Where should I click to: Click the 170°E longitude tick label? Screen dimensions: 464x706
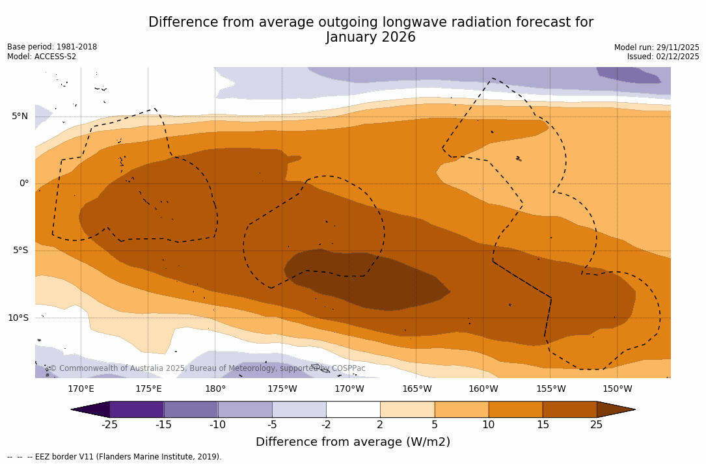(81, 389)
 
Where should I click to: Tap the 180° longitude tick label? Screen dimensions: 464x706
(215, 389)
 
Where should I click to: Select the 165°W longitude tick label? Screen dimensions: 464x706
(416, 389)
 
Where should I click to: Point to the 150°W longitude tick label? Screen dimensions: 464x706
(617, 389)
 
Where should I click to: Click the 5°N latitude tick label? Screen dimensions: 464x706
(20, 116)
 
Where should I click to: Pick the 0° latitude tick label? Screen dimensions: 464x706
(23, 184)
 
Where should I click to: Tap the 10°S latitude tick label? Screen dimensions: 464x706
(18, 318)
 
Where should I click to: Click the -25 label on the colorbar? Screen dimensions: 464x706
(109, 425)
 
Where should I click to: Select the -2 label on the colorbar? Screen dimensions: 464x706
(326, 425)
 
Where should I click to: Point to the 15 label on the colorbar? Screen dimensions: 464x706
(543, 425)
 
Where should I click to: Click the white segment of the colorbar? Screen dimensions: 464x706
(353, 409)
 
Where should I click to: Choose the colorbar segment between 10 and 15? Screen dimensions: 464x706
(515, 409)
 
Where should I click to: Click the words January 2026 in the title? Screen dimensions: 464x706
(370, 38)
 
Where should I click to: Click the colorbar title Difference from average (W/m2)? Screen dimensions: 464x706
(353, 443)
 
